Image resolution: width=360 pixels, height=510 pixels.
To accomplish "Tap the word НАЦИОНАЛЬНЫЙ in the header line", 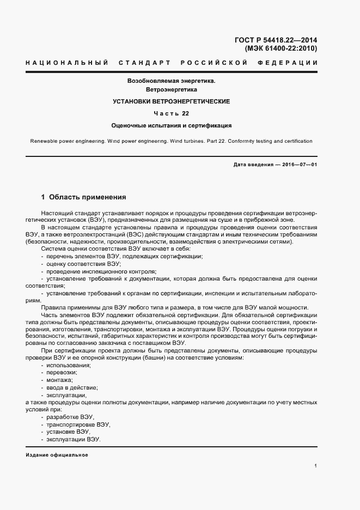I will point(66,63).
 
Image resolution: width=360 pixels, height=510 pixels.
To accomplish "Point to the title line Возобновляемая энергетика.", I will point(172,80).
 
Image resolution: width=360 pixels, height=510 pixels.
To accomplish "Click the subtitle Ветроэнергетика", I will point(172,89).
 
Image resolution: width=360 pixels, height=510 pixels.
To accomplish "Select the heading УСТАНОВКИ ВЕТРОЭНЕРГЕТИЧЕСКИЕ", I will point(172,101).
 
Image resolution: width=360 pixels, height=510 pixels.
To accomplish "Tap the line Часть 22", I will point(172,114).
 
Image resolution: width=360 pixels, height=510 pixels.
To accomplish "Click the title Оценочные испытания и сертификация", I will point(172,125).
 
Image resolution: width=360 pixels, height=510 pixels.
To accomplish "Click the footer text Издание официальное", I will point(57,454).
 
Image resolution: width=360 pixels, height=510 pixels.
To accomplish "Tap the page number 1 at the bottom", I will point(315,466).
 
